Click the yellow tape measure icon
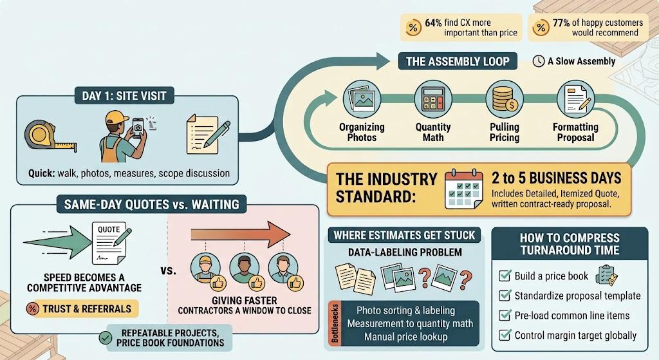pos(50,135)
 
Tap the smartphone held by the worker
pos(138,128)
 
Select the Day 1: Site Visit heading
pos(124,96)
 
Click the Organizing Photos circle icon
pos(362,99)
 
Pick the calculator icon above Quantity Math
pos(433,99)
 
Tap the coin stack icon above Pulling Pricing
pos(505,99)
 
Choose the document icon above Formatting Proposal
pos(576,99)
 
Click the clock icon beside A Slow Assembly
pos(539,61)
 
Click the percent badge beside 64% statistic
pos(413,28)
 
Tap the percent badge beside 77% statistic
pos(541,28)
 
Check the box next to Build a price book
pos(505,276)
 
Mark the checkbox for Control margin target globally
pos(505,335)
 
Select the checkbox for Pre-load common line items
pos(505,315)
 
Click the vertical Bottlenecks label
pos(335,323)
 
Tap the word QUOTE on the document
pos(109,230)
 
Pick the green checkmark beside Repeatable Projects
pos(105,337)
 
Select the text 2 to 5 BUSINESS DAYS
pos(557,178)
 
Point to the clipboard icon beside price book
pos(607,275)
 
